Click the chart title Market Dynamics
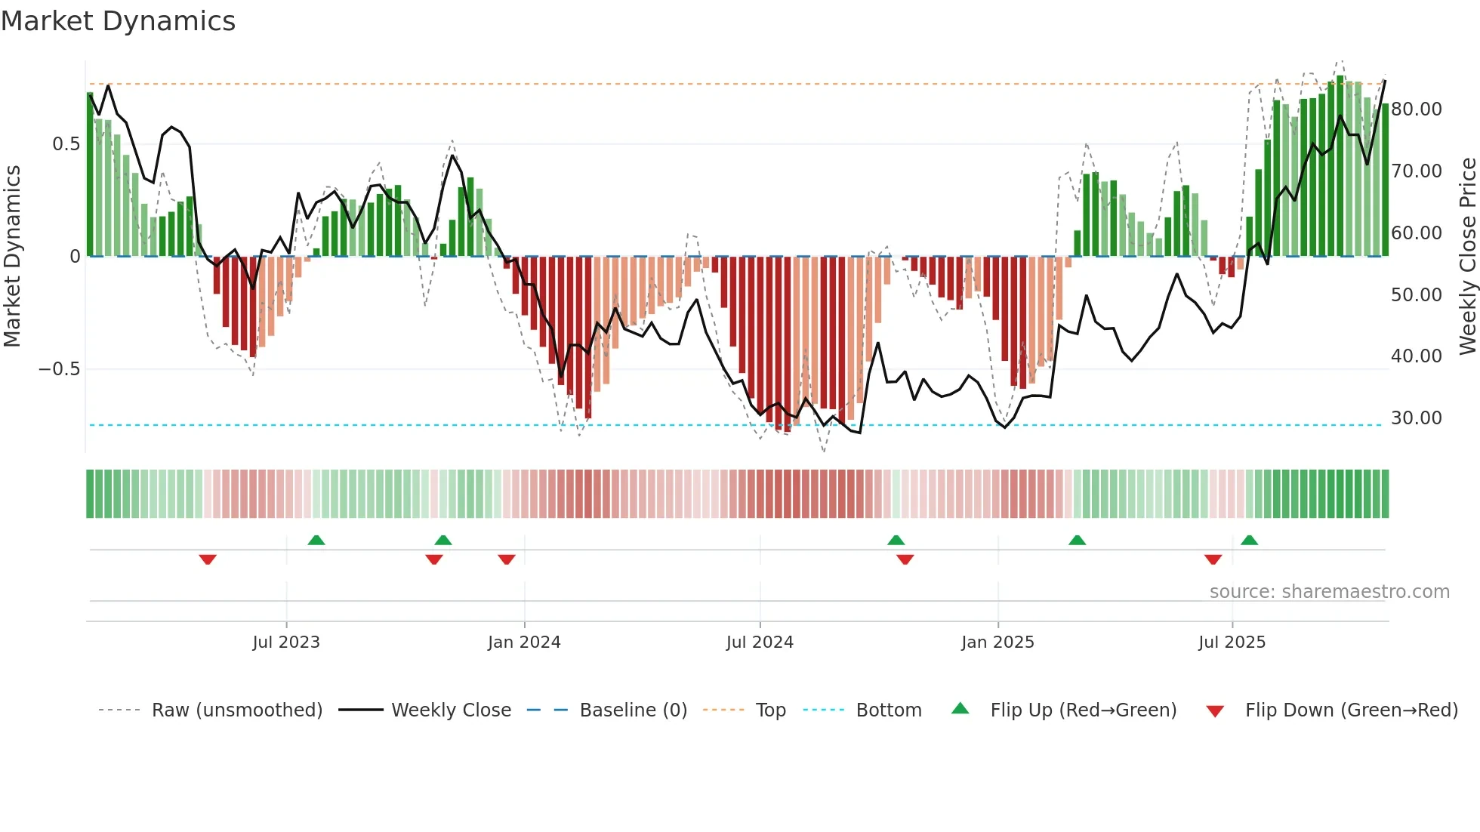pos(118,21)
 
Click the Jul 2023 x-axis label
pos(286,642)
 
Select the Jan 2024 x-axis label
pos(524,642)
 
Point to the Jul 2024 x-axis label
pos(760,642)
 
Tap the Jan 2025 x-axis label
pos(997,642)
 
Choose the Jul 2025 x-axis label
pos(1232,642)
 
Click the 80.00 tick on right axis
pos(1417,109)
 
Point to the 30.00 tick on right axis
pos(1417,418)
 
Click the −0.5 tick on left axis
pos(59,369)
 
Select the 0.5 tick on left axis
pos(66,144)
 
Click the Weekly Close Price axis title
pos(1467,257)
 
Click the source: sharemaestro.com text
pos(1329,592)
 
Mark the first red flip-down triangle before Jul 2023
pos(208,559)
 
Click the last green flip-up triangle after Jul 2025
pos(1249,540)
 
